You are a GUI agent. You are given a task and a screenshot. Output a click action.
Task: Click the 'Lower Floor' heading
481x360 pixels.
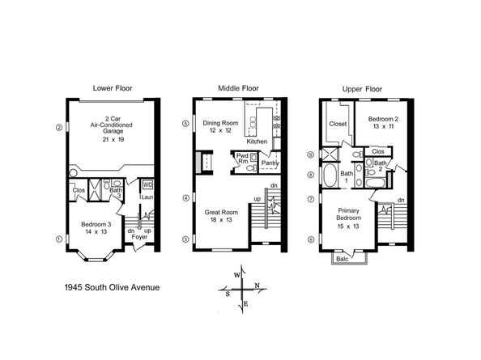tap(113, 87)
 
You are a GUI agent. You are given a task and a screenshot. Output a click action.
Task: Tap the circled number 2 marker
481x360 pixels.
tap(58, 127)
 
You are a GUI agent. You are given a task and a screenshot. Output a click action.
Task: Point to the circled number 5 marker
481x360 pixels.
tap(185, 124)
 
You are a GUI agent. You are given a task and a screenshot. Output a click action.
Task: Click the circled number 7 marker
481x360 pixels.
tap(309, 199)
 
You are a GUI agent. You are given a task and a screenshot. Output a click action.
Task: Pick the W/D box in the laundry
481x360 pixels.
tap(147, 183)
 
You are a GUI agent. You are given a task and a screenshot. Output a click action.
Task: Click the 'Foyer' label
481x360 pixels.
tap(138, 238)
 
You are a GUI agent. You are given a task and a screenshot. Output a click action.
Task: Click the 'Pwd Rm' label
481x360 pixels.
tap(242, 159)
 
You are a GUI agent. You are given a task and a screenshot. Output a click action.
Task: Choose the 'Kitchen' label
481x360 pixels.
tap(258, 142)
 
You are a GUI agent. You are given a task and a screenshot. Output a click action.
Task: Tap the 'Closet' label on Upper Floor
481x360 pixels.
tap(338, 125)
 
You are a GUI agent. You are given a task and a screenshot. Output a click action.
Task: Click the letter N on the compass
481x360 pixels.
tap(258, 286)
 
